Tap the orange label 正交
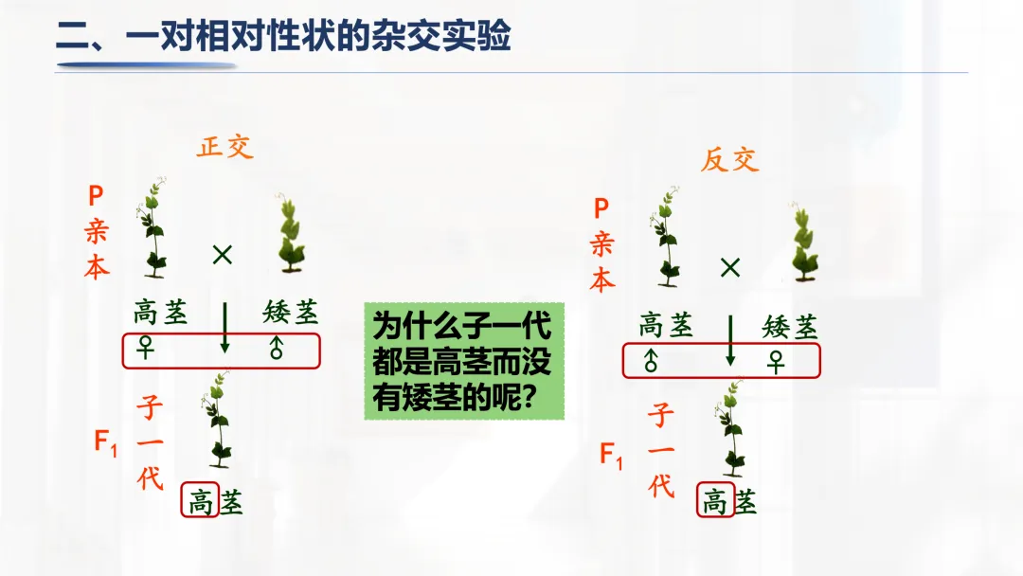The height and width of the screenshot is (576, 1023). click(225, 148)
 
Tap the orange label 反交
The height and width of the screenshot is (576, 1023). click(729, 159)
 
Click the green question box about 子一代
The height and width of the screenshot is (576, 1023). click(464, 361)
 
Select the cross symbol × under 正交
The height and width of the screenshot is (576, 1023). click(223, 254)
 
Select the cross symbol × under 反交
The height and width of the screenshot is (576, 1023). click(729, 267)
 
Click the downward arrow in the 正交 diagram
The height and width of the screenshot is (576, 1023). click(224, 328)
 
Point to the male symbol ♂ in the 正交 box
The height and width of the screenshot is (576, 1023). click(277, 351)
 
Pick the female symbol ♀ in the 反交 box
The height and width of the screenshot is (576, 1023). click(777, 361)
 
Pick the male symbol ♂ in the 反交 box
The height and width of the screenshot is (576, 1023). click(651, 361)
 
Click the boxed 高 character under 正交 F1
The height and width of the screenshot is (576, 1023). click(201, 501)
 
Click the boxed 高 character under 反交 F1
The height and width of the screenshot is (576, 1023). click(714, 500)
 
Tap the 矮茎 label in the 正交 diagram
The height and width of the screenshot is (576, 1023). click(291, 312)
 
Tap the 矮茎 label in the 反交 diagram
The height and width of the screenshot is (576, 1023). click(790, 328)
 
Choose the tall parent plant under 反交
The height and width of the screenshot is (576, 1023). click(666, 237)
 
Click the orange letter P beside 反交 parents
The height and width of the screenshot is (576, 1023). click(601, 209)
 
